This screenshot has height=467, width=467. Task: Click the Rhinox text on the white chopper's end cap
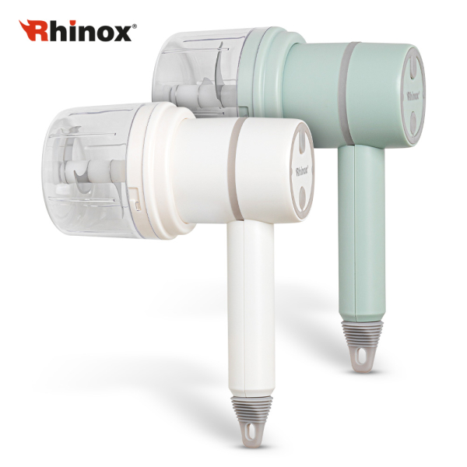pyautogui.click(x=301, y=172)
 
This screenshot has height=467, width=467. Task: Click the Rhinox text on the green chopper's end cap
pyautogui.click(x=413, y=96)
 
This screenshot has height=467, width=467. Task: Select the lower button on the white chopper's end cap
pyautogui.click(x=303, y=198)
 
